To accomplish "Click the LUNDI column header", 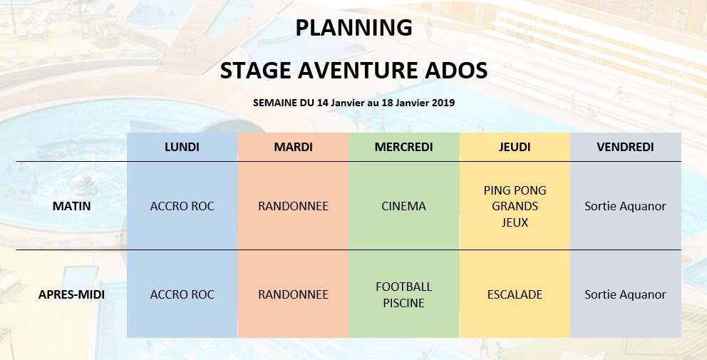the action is pyautogui.click(x=182, y=147).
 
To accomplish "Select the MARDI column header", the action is pyautogui.click(x=293, y=147).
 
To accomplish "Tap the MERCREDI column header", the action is pyautogui.click(x=403, y=147).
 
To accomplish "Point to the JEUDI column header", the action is pyautogui.click(x=515, y=147).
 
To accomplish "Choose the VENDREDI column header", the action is pyautogui.click(x=625, y=147).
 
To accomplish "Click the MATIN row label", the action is pyautogui.click(x=72, y=206).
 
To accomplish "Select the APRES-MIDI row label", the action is pyautogui.click(x=72, y=294).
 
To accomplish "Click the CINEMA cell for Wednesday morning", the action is pyautogui.click(x=403, y=206).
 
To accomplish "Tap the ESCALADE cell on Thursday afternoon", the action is pyautogui.click(x=515, y=294).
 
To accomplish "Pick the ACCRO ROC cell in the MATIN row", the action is pyautogui.click(x=182, y=206).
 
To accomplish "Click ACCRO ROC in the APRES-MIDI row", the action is pyautogui.click(x=182, y=294).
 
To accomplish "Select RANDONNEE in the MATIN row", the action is pyautogui.click(x=293, y=206).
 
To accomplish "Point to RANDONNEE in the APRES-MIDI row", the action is pyautogui.click(x=293, y=294).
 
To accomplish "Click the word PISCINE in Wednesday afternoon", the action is pyautogui.click(x=403, y=303).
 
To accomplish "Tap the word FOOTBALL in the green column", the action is pyautogui.click(x=403, y=287).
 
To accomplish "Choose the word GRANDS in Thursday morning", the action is pyautogui.click(x=515, y=206).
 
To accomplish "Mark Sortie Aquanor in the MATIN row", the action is pyautogui.click(x=625, y=206).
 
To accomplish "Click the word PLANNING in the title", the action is pyautogui.click(x=354, y=28).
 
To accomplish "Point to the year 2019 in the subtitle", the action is pyautogui.click(x=443, y=103).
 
